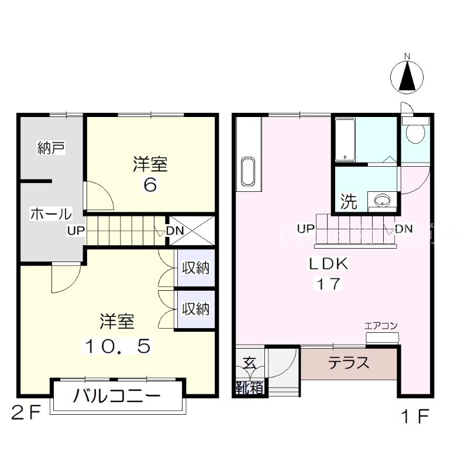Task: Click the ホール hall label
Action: point(51,214)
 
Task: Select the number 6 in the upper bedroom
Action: point(150,185)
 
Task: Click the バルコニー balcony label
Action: point(117,397)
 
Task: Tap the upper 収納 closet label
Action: point(195,269)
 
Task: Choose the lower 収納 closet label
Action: point(195,308)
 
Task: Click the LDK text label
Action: point(329,264)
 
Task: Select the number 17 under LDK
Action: point(329,284)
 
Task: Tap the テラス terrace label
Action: point(349,363)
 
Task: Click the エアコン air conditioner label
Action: point(381,326)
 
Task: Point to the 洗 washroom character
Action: point(349,202)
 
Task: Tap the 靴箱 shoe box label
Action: point(249,387)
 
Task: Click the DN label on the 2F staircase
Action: point(175,230)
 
